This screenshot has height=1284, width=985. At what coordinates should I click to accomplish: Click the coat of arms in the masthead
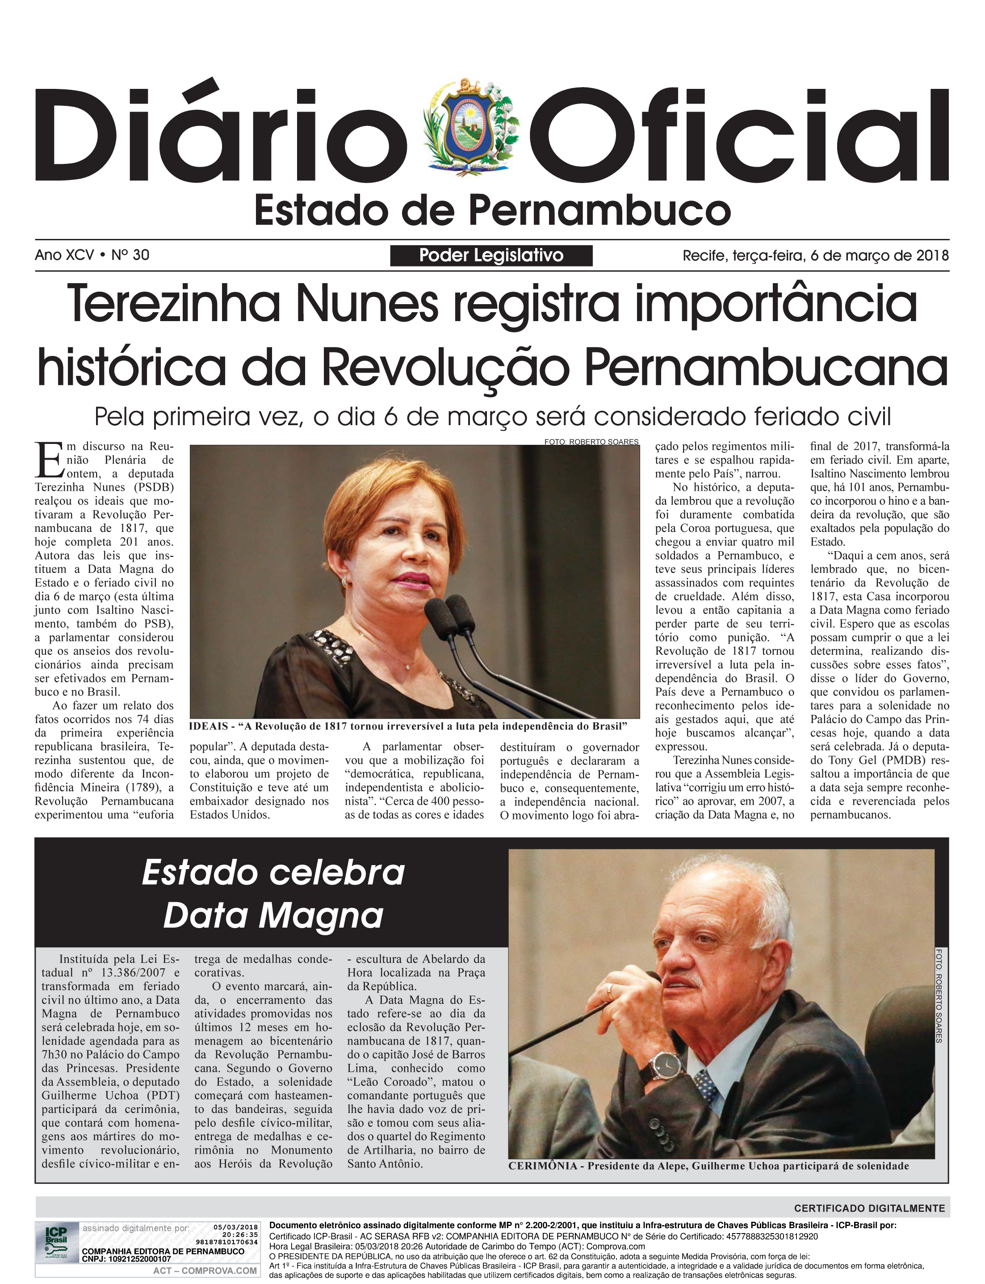pos(472,126)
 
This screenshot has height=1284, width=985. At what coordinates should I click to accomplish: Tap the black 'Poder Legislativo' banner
pos(491,255)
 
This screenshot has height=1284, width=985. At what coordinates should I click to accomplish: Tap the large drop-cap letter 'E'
pos(49,460)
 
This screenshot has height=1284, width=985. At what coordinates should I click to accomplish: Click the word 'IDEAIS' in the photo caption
pos(208,727)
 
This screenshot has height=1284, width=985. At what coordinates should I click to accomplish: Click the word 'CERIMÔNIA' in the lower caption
pos(542,1166)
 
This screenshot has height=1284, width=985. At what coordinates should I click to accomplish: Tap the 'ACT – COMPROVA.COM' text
pos(205,1271)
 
